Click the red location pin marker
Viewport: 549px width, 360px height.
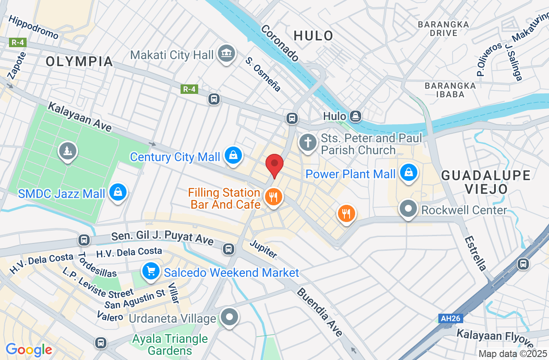pyautogui.click(x=274, y=165)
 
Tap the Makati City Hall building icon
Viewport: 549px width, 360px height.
pyautogui.click(x=226, y=54)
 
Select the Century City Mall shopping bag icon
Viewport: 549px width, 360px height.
pyautogui.click(x=233, y=156)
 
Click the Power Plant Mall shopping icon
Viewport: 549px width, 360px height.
pyautogui.click(x=409, y=173)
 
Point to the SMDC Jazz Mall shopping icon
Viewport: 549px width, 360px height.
pyautogui.click(x=118, y=192)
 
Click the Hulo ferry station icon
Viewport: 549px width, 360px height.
pyautogui.click(x=355, y=116)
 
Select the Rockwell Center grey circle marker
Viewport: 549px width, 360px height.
pyautogui.click(x=408, y=209)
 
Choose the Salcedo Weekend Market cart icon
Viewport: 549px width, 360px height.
pyautogui.click(x=151, y=272)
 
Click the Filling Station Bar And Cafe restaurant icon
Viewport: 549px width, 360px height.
pyautogui.click(x=272, y=197)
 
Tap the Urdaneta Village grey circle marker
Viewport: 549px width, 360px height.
pyautogui.click(x=229, y=318)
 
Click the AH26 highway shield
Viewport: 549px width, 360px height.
pyautogui.click(x=450, y=318)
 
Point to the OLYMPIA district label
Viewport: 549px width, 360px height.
pyautogui.click(x=79, y=61)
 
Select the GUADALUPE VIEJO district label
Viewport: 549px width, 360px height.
pyautogui.click(x=486, y=182)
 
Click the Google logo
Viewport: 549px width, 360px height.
pyautogui.click(x=29, y=350)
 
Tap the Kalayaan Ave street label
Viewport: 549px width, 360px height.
pyautogui.click(x=80, y=117)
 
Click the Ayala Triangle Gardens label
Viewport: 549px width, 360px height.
pyautogui.click(x=170, y=345)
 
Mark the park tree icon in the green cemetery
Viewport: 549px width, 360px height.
pyautogui.click(x=68, y=151)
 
